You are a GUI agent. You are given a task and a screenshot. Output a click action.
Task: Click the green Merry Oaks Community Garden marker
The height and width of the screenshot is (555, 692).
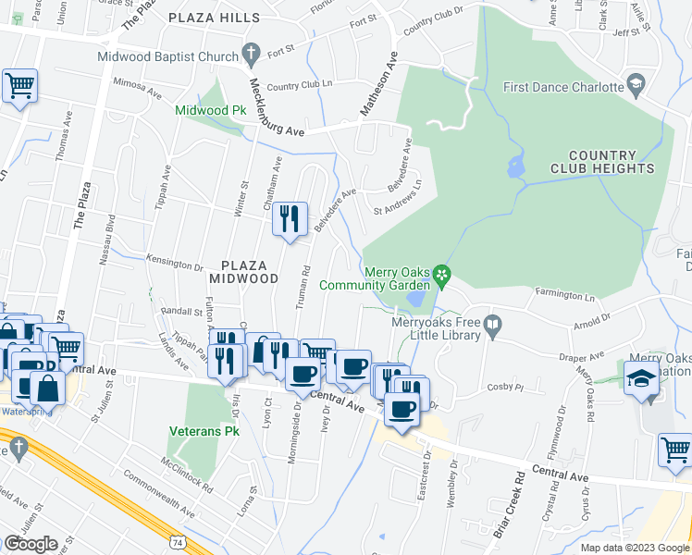pos(442,273)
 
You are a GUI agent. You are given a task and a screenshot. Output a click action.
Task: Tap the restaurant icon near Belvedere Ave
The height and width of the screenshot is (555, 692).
pos(290,219)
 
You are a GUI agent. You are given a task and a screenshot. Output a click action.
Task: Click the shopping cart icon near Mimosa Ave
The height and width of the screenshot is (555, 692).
pos(19,87)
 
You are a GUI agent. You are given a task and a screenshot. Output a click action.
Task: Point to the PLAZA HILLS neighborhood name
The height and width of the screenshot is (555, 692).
pos(214,18)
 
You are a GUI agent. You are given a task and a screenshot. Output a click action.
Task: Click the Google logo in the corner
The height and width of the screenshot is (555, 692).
pos(31,544)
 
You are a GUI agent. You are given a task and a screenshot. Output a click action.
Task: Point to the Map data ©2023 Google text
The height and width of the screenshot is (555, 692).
pos(635,548)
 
